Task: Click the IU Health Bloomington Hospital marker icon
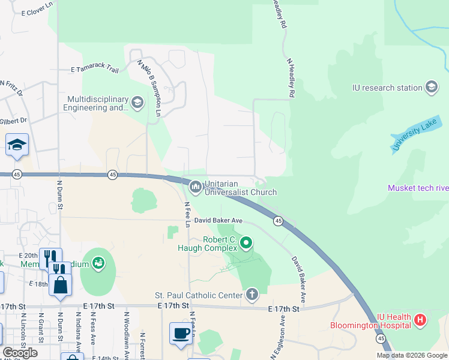click(420, 320)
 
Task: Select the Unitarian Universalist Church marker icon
click(196, 187)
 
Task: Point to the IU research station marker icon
click(432, 88)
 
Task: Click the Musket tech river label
click(418, 188)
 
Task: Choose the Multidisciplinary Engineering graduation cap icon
click(137, 103)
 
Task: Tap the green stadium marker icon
click(98, 263)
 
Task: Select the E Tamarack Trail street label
click(95, 70)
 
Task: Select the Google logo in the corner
click(20, 353)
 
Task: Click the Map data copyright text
click(412, 355)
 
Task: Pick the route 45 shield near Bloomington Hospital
click(381, 339)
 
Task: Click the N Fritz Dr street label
click(11, 89)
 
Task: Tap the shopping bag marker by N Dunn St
click(61, 285)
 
